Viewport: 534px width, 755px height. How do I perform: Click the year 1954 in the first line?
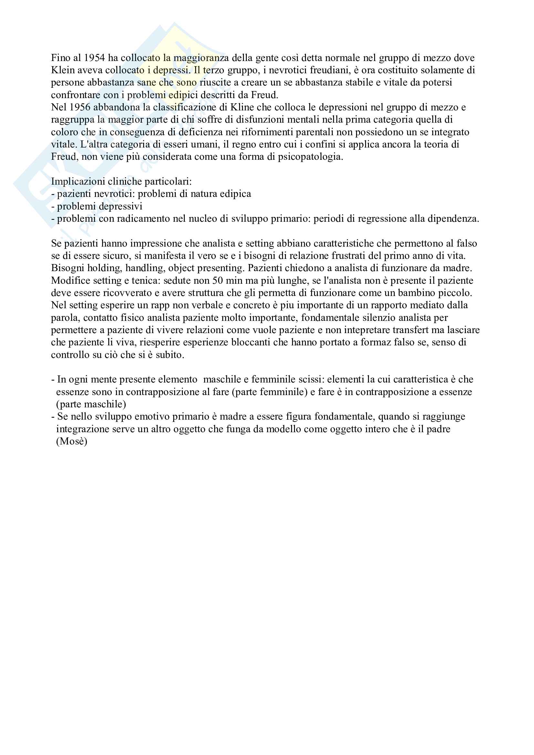94,58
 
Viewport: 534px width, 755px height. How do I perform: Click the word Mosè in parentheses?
72,442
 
